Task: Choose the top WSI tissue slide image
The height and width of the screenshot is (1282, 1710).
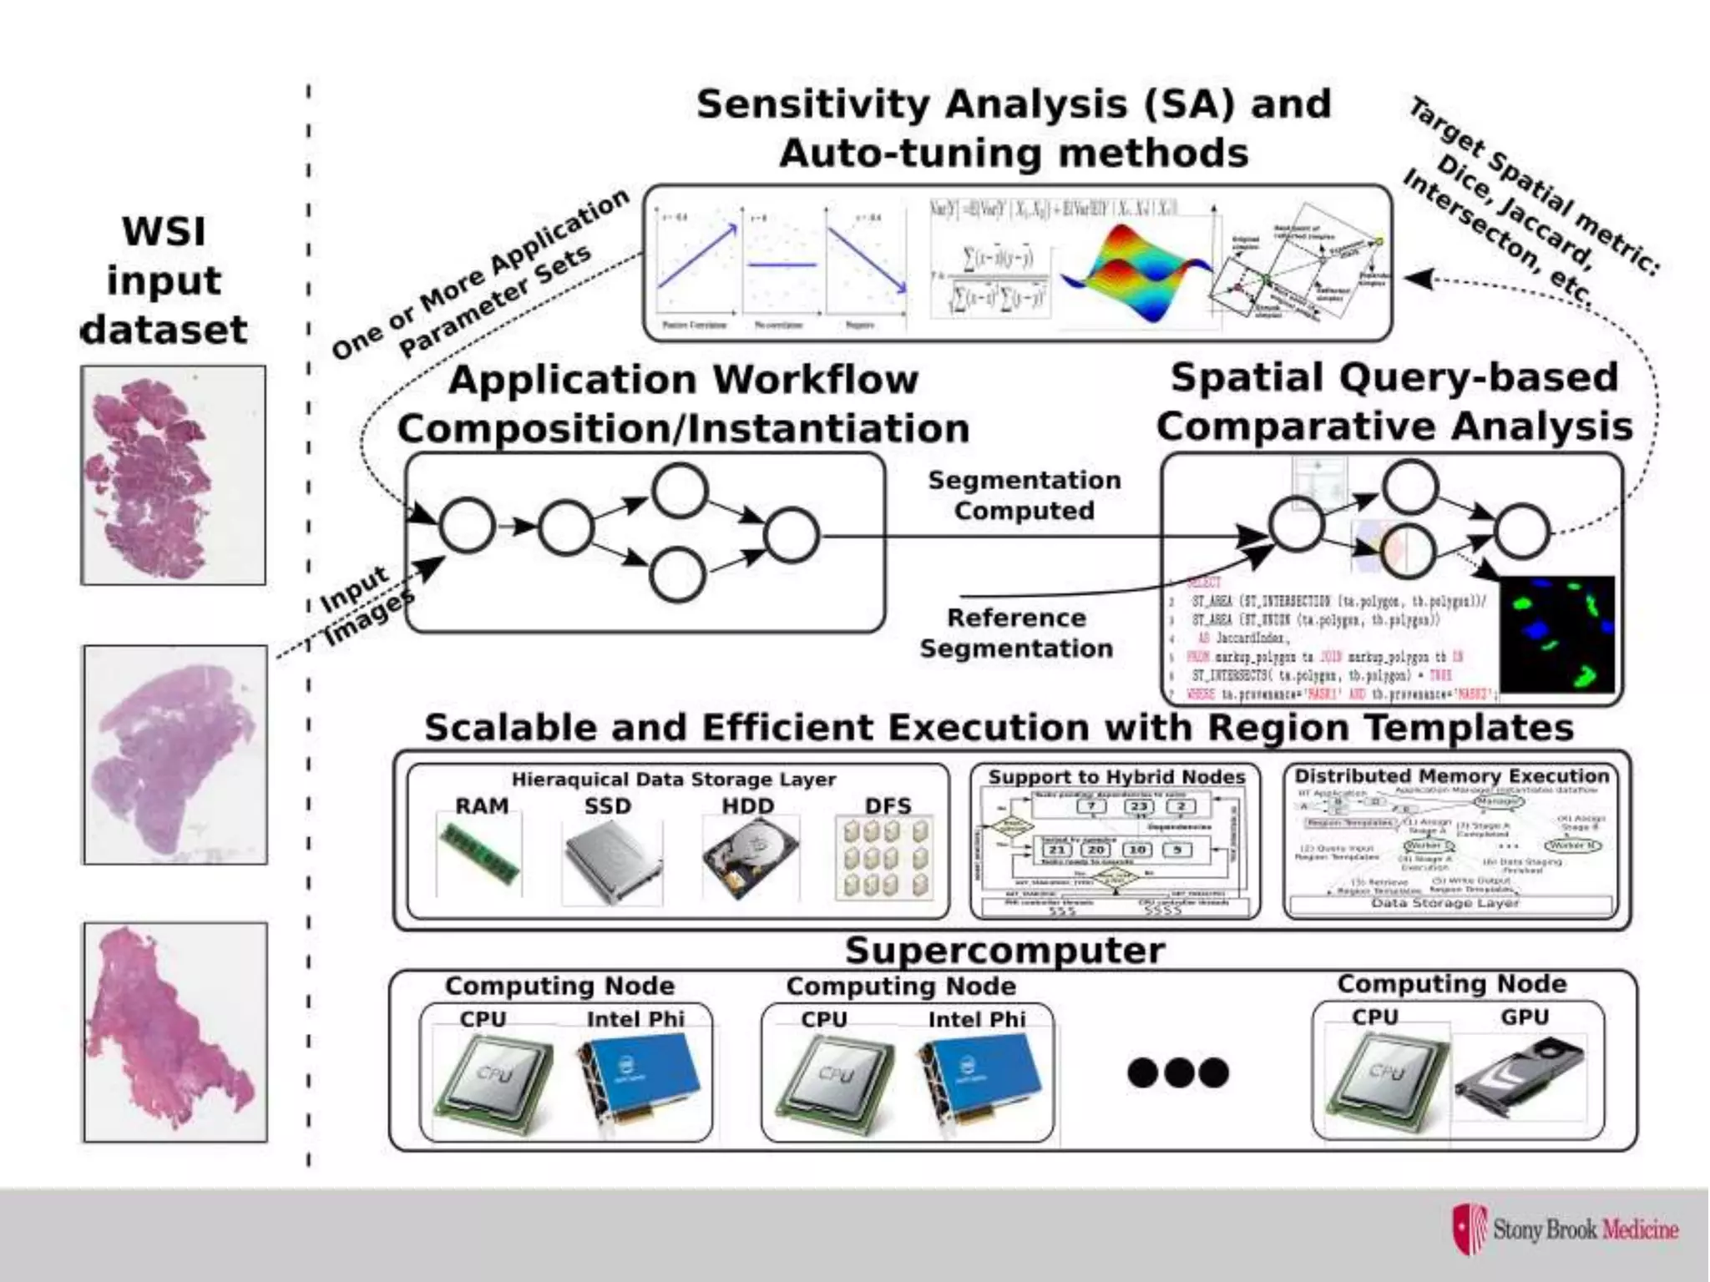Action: pos(174,475)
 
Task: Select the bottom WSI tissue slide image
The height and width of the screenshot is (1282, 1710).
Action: pos(175,1032)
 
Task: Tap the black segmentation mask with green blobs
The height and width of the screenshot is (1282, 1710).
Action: pos(1557,634)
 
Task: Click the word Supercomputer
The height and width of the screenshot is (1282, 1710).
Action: pos(1004,951)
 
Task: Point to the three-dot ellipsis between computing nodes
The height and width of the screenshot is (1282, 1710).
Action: pos(1178,1073)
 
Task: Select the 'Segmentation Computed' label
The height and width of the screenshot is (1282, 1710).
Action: pos(1024,495)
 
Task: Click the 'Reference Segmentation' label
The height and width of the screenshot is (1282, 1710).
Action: pos(1016,633)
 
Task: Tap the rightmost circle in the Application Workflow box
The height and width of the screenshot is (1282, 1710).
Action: pos(791,535)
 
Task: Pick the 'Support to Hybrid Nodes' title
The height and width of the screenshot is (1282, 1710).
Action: pos(1116,777)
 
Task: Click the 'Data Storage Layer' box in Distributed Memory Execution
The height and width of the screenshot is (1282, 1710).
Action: pos(1445,903)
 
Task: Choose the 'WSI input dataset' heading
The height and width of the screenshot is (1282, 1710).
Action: pos(164,280)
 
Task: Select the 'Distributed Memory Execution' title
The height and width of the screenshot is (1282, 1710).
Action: pos(1451,775)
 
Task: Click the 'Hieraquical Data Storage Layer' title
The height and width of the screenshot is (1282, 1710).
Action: pos(673,780)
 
